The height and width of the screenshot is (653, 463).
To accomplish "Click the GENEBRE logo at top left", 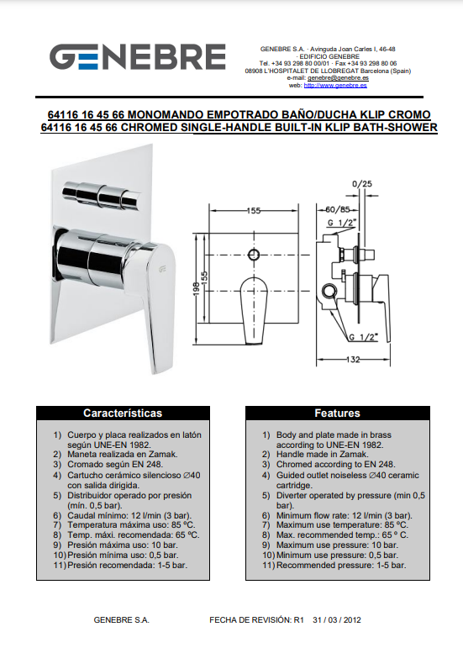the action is pyautogui.click(x=138, y=56).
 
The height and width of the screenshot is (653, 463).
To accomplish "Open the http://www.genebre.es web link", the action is pyautogui.click(x=335, y=86).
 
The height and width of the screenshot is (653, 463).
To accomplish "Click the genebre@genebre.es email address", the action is pyautogui.click(x=338, y=78).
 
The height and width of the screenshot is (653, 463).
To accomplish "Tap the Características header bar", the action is pyautogui.click(x=123, y=413).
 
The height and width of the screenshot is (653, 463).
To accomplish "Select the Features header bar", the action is pyautogui.click(x=337, y=413).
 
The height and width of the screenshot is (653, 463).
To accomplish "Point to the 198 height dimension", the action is pyautogui.click(x=197, y=288).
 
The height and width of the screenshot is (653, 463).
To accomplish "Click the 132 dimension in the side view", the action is pyautogui.click(x=353, y=360).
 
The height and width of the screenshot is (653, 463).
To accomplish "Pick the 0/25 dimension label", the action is pyautogui.click(x=362, y=184).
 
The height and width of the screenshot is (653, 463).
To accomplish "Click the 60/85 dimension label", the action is pyautogui.click(x=337, y=209).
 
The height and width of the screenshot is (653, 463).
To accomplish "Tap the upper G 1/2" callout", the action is pyautogui.click(x=342, y=223).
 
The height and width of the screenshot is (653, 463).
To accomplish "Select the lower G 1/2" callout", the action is pyautogui.click(x=363, y=337).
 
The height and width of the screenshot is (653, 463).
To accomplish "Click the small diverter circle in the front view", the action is pyautogui.click(x=254, y=255).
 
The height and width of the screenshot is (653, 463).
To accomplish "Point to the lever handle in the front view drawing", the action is pyautogui.click(x=254, y=310).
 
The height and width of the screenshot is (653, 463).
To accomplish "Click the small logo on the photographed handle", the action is pyautogui.click(x=161, y=270).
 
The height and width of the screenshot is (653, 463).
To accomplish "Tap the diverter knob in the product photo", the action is pyautogui.click(x=101, y=194).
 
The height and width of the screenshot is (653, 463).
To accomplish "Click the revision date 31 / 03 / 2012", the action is pyautogui.click(x=337, y=620).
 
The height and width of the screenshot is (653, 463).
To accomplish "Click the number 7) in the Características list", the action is pyautogui.click(x=57, y=525).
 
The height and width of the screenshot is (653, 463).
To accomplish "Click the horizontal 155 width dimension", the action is pyautogui.click(x=254, y=211).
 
